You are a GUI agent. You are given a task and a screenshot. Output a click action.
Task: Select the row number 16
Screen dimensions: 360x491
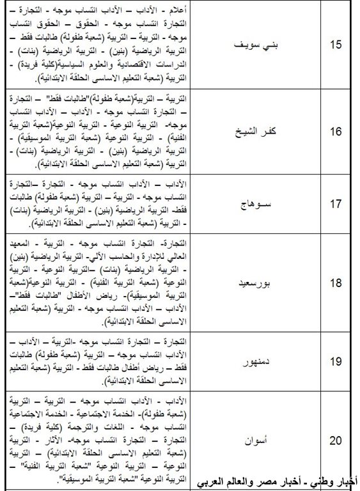tap(336, 130)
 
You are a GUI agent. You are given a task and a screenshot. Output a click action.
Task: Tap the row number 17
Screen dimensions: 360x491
tap(336, 205)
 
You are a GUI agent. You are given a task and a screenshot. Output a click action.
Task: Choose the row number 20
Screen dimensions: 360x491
tap(336, 440)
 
